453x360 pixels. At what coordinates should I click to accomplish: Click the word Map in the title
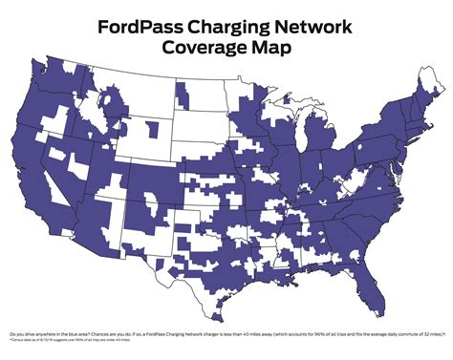pyautogui.click(x=271, y=48)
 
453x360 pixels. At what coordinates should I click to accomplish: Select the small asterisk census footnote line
pyautogui.click(x=76, y=340)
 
